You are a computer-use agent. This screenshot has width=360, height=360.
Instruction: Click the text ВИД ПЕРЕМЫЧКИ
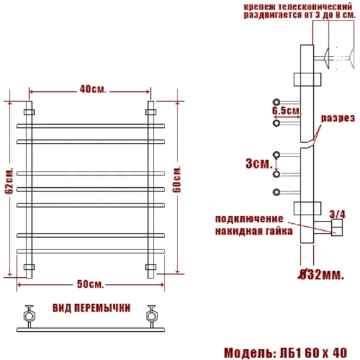click(91, 308)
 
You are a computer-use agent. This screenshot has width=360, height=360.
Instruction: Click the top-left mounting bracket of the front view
click(29, 112)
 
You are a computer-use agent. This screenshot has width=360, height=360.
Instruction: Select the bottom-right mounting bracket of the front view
click(151, 266)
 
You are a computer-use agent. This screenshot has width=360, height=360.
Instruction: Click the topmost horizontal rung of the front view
click(90, 125)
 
